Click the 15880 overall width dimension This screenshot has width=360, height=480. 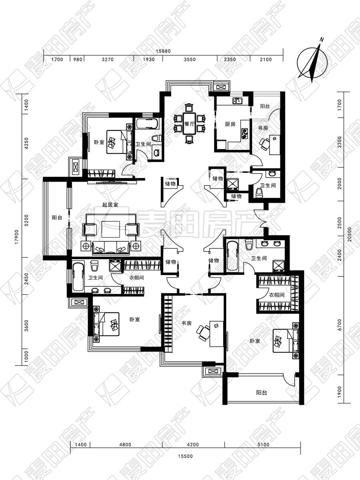point(163,51)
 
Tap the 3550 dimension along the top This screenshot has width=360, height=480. point(190,60)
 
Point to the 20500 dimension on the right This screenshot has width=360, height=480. point(350,235)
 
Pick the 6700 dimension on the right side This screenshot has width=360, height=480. point(340,324)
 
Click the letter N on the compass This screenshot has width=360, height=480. point(322,40)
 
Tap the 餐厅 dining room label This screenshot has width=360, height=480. point(189,124)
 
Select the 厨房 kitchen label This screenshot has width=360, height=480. point(230,124)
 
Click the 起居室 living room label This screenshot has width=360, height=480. point(110,205)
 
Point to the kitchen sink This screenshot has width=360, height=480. point(237,101)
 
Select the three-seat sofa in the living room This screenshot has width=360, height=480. point(111,248)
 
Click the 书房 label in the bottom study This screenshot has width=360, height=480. point(186,323)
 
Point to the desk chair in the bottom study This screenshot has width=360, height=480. point(203,333)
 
